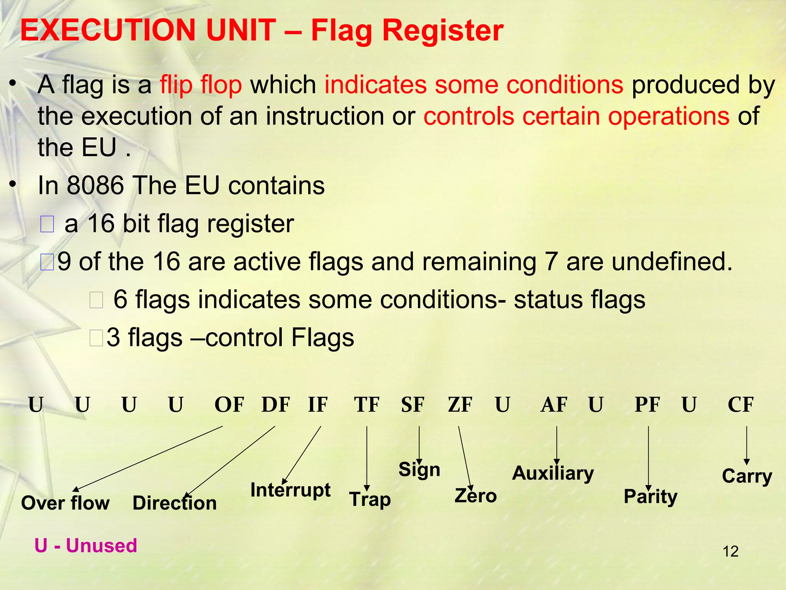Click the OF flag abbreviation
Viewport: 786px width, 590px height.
(x=229, y=405)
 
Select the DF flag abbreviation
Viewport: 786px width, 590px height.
(x=276, y=405)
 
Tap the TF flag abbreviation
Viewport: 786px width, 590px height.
(x=367, y=405)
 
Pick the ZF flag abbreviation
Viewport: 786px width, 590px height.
(x=460, y=405)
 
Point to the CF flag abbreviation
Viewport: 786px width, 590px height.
(x=741, y=405)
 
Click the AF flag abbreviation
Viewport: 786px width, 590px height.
(x=554, y=405)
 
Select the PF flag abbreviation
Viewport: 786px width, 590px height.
(x=647, y=405)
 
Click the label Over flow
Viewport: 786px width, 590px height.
(x=65, y=503)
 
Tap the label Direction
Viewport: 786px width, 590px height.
(x=175, y=503)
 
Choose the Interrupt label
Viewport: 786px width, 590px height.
(x=290, y=490)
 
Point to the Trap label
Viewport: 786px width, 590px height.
(x=370, y=499)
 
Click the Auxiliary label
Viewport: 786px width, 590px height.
(x=553, y=473)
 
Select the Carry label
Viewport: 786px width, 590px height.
(x=747, y=476)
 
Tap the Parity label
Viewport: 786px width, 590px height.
(x=651, y=497)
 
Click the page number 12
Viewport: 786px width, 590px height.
(x=730, y=552)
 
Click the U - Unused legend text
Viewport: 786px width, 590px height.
(x=86, y=545)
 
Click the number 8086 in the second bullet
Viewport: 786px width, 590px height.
(x=95, y=186)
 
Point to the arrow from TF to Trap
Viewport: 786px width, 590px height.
(x=367, y=457)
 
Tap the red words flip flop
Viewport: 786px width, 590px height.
(x=201, y=85)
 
